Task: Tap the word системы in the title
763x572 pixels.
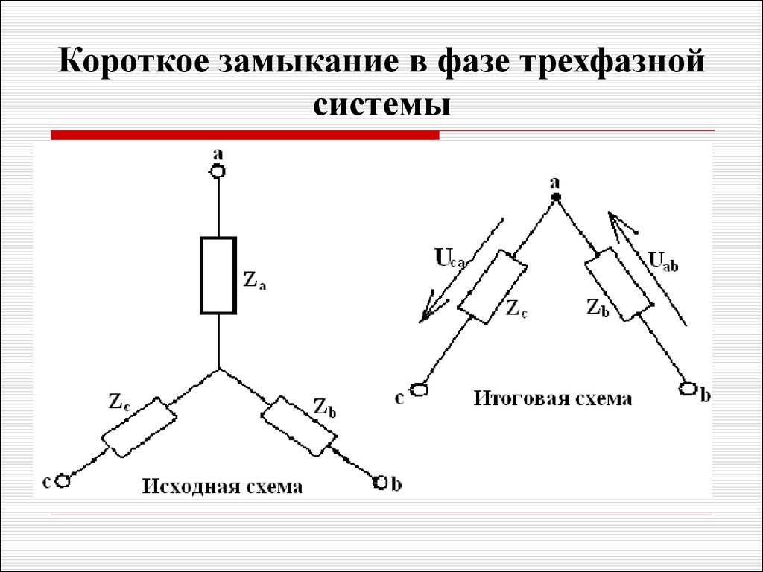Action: [381, 105]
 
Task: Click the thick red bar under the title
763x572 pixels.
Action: [244, 136]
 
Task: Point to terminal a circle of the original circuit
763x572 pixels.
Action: [218, 171]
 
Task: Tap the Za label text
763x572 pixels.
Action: [255, 281]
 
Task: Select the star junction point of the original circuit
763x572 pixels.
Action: [218, 369]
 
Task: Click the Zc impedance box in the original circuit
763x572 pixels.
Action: [139, 428]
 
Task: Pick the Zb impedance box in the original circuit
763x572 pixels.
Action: [299, 427]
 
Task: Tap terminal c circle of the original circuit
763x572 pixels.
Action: [63, 480]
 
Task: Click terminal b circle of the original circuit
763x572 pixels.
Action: [381, 482]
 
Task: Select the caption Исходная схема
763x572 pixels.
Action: [222, 486]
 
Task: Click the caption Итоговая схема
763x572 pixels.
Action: [553, 398]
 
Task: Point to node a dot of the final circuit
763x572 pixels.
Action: [556, 197]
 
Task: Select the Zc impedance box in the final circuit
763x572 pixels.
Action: [492, 287]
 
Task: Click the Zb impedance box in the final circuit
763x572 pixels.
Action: [618, 284]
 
